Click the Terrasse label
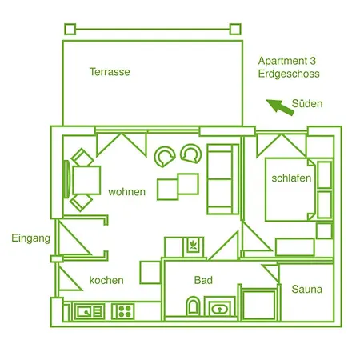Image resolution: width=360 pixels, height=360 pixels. click(110, 72)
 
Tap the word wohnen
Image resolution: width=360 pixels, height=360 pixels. click(127, 192)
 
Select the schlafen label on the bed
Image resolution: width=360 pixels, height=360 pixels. click(291, 178)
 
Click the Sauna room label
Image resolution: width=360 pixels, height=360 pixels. click(307, 289)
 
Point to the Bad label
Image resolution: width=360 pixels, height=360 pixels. click(203, 280)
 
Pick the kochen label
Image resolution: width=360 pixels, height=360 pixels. click(106, 280)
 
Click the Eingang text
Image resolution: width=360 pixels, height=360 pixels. click(31, 238)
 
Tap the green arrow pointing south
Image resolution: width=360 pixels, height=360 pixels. click(280, 107)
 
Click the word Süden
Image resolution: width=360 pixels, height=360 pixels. click(307, 103)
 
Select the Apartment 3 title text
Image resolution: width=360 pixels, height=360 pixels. click(287, 61)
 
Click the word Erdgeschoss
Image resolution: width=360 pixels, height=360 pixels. click(289, 74)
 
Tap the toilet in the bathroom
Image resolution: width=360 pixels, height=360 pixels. click(193, 306)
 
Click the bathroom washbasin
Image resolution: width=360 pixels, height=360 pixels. click(219, 309)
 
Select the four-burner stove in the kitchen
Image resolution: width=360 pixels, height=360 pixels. click(123, 311)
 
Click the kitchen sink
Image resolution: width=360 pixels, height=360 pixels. click(89, 311)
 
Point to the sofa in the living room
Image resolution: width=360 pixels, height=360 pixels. click(222, 179)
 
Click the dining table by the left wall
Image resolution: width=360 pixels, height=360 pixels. click(86, 180)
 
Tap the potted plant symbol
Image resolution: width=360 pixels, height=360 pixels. click(194, 245)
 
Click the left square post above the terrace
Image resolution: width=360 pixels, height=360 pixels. click(70, 29)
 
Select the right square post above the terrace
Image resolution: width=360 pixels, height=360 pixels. click(235, 29)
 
